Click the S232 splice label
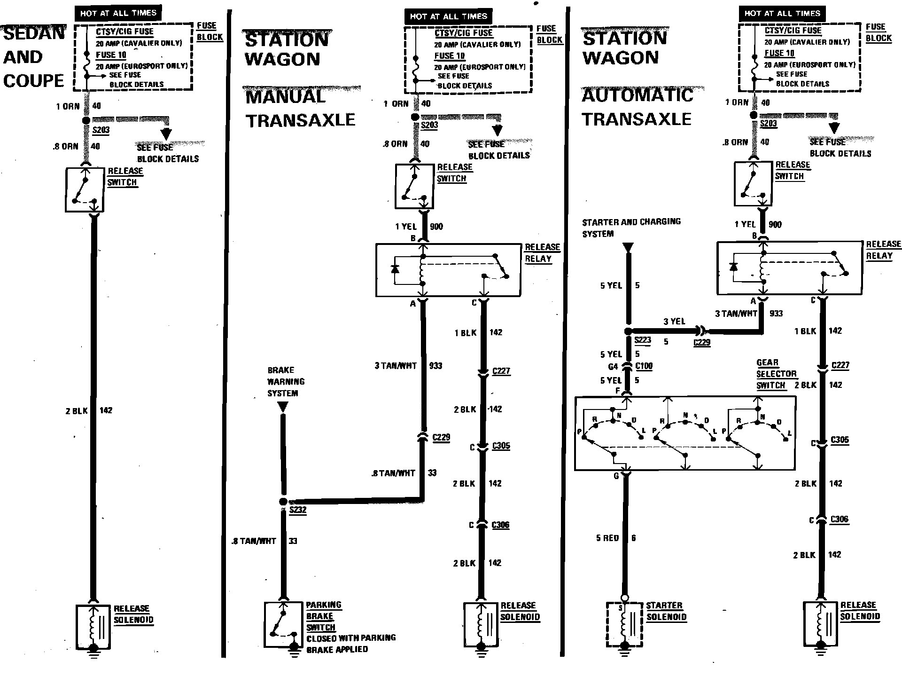(298, 510)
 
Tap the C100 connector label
(644, 366)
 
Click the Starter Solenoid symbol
(624, 624)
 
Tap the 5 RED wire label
(607, 538)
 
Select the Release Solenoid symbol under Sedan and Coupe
(93, 626)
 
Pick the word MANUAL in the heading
(286, 97)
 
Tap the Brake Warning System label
(286, 381)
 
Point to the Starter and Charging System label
(631, 227)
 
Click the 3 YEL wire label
(674, 322)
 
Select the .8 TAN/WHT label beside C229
(393, 473)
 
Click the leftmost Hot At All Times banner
(118, 13)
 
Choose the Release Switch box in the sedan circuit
(85, 189)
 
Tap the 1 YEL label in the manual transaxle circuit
(406, 227)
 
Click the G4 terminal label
(613, 366)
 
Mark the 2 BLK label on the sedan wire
(77, 411)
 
